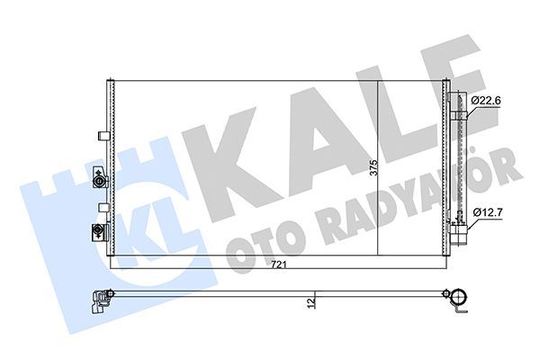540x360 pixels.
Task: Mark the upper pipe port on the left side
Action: pyautogui.click(x=98, y=183)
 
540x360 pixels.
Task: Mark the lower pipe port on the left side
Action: pyautogui.click(x=95, y=233)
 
